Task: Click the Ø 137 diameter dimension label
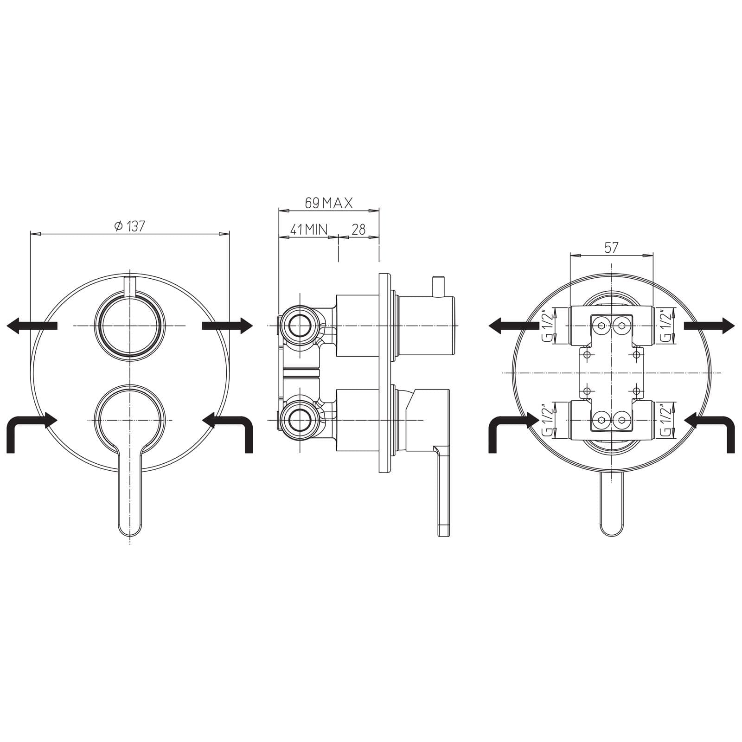tap(129, 226)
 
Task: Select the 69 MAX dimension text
tap(329, 203)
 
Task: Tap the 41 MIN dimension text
tap(309, 229)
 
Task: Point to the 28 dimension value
tap(358, 229)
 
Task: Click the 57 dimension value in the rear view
tap(611, 248)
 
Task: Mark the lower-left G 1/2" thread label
tap(549, 420)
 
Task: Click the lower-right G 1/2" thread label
tap(666, 420)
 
